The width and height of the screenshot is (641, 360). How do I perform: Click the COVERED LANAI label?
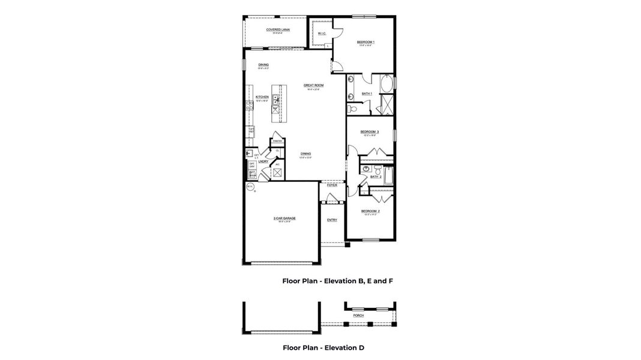[275, 29]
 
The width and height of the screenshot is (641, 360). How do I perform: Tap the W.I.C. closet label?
[322, 34]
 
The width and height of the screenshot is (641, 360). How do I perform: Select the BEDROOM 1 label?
[365, 42]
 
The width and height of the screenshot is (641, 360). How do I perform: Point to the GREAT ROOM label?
[313, 85]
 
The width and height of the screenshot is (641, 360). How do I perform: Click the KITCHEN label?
[262, 97]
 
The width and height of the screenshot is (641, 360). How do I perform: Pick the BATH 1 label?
[367, 94]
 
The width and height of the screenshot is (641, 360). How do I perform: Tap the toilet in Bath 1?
[354, 109]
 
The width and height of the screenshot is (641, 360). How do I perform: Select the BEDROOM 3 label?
[369, 131]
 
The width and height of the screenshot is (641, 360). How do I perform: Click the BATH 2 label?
[376, 176]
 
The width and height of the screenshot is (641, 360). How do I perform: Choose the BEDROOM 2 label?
[370, 211]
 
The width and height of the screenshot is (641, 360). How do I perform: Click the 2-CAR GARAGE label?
[280, 218]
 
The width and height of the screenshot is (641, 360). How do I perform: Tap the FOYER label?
[332, 185]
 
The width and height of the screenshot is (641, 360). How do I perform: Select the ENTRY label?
[332, 220]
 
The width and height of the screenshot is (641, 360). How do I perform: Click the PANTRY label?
[277, 141]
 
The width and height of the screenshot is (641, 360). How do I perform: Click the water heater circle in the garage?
[250, 187]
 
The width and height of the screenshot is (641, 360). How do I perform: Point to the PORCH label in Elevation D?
[358, 315]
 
